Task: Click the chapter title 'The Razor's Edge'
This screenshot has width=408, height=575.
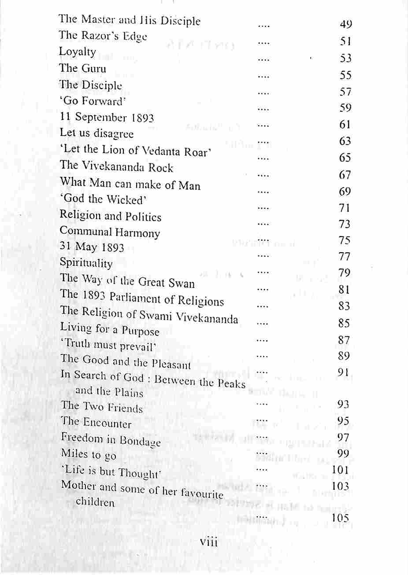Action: click(x=103, y=37)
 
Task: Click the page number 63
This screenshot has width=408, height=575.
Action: click(x=345, y=141)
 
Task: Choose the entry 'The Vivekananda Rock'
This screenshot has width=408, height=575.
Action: click(x=116, y=167)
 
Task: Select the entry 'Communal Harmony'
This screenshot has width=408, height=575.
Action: click(x=110, y=232)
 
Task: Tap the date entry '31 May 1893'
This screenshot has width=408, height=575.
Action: click(x=92, y=247)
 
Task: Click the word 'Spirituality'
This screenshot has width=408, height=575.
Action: click(x=86, y=263)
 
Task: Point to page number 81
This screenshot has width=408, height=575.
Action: click(x=345, y=290)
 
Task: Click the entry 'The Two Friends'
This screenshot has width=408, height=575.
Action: click(x=102, y=407)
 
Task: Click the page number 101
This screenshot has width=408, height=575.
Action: click(x=341, y=470)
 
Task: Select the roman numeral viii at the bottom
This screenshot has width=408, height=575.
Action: click(x=209, y=542)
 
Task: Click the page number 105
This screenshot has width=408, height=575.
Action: click(x=341, y=518)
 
